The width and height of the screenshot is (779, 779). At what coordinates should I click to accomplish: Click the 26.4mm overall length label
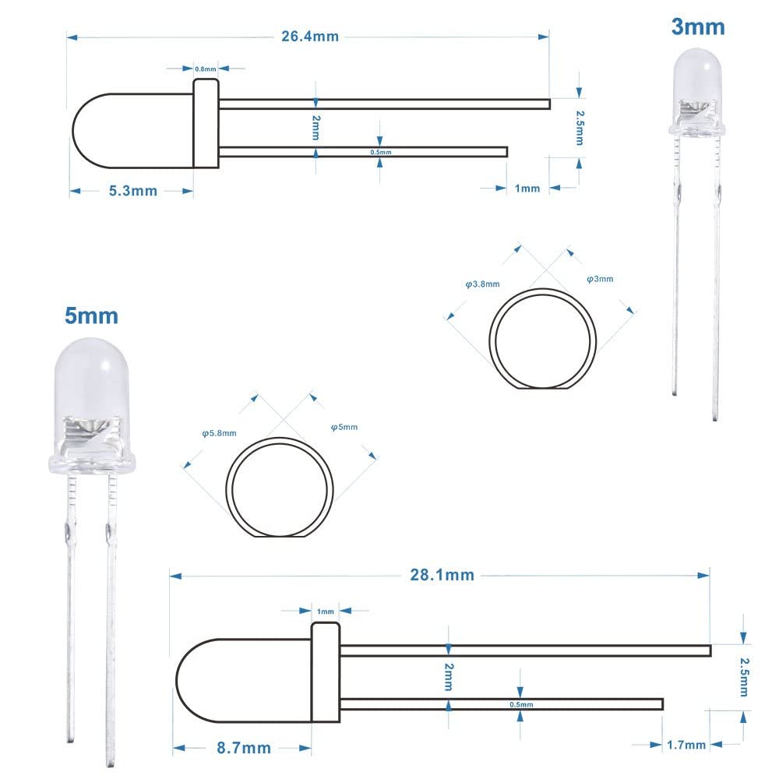[x=310, y=37]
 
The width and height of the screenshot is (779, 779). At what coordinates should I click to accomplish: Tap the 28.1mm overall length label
[x=442, y=576]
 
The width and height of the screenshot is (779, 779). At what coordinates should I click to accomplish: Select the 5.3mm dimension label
[x=131, y=191]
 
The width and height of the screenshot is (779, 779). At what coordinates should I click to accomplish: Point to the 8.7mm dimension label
[x=245, y=749]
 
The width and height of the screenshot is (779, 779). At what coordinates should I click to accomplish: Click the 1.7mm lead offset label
[x=686, y=746]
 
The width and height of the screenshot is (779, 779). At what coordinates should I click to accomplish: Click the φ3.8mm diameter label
[x=482, y=284]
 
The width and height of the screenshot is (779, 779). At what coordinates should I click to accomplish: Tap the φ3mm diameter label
[x=600, y=279]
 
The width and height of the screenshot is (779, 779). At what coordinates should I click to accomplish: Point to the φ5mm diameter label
[x=344, y=427]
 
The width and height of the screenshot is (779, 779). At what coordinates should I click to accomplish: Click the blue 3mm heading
[x=698, y=27]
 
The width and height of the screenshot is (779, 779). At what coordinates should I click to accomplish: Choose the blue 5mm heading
[x=91, y=315]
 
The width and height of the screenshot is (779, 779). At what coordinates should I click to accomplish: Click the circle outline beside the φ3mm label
[x=543, y=337]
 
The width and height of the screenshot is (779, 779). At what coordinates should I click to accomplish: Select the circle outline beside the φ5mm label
[x=280, y=488]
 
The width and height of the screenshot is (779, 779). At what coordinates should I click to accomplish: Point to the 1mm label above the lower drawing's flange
[x=326, y=612]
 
